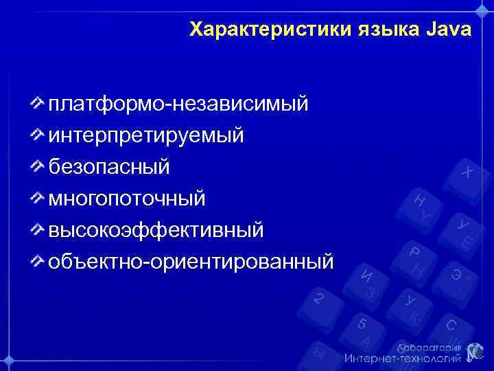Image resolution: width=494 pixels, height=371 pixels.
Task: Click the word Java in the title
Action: click(x=449, y=30)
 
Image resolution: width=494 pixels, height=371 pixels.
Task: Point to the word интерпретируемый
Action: click(x=145, y=135)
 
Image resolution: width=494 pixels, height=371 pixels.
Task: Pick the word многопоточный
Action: click(x=126, y=198)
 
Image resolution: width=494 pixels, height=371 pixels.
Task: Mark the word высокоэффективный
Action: click(x=155, y=229)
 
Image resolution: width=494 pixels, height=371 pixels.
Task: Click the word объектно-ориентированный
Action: click(x=191, y=261)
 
